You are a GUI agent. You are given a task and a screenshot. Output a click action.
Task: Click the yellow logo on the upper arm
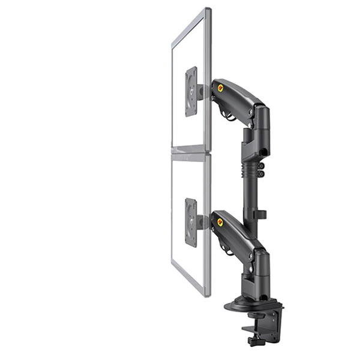[x=220, y=88]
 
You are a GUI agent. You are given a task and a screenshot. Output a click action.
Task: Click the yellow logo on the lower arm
[x=220, y=222]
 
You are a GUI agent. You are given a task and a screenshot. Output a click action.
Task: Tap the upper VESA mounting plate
[x=191, y=91]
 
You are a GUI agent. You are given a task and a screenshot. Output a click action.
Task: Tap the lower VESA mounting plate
[x=191, y=222]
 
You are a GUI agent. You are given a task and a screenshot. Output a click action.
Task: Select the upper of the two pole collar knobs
[x=261, y=164]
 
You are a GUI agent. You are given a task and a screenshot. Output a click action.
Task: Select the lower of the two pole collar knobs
[x=261, y=174]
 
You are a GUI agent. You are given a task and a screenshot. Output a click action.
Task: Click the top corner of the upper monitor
[x=208, y=10]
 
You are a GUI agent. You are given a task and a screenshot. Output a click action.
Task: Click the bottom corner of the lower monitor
[x=208, y=295]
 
